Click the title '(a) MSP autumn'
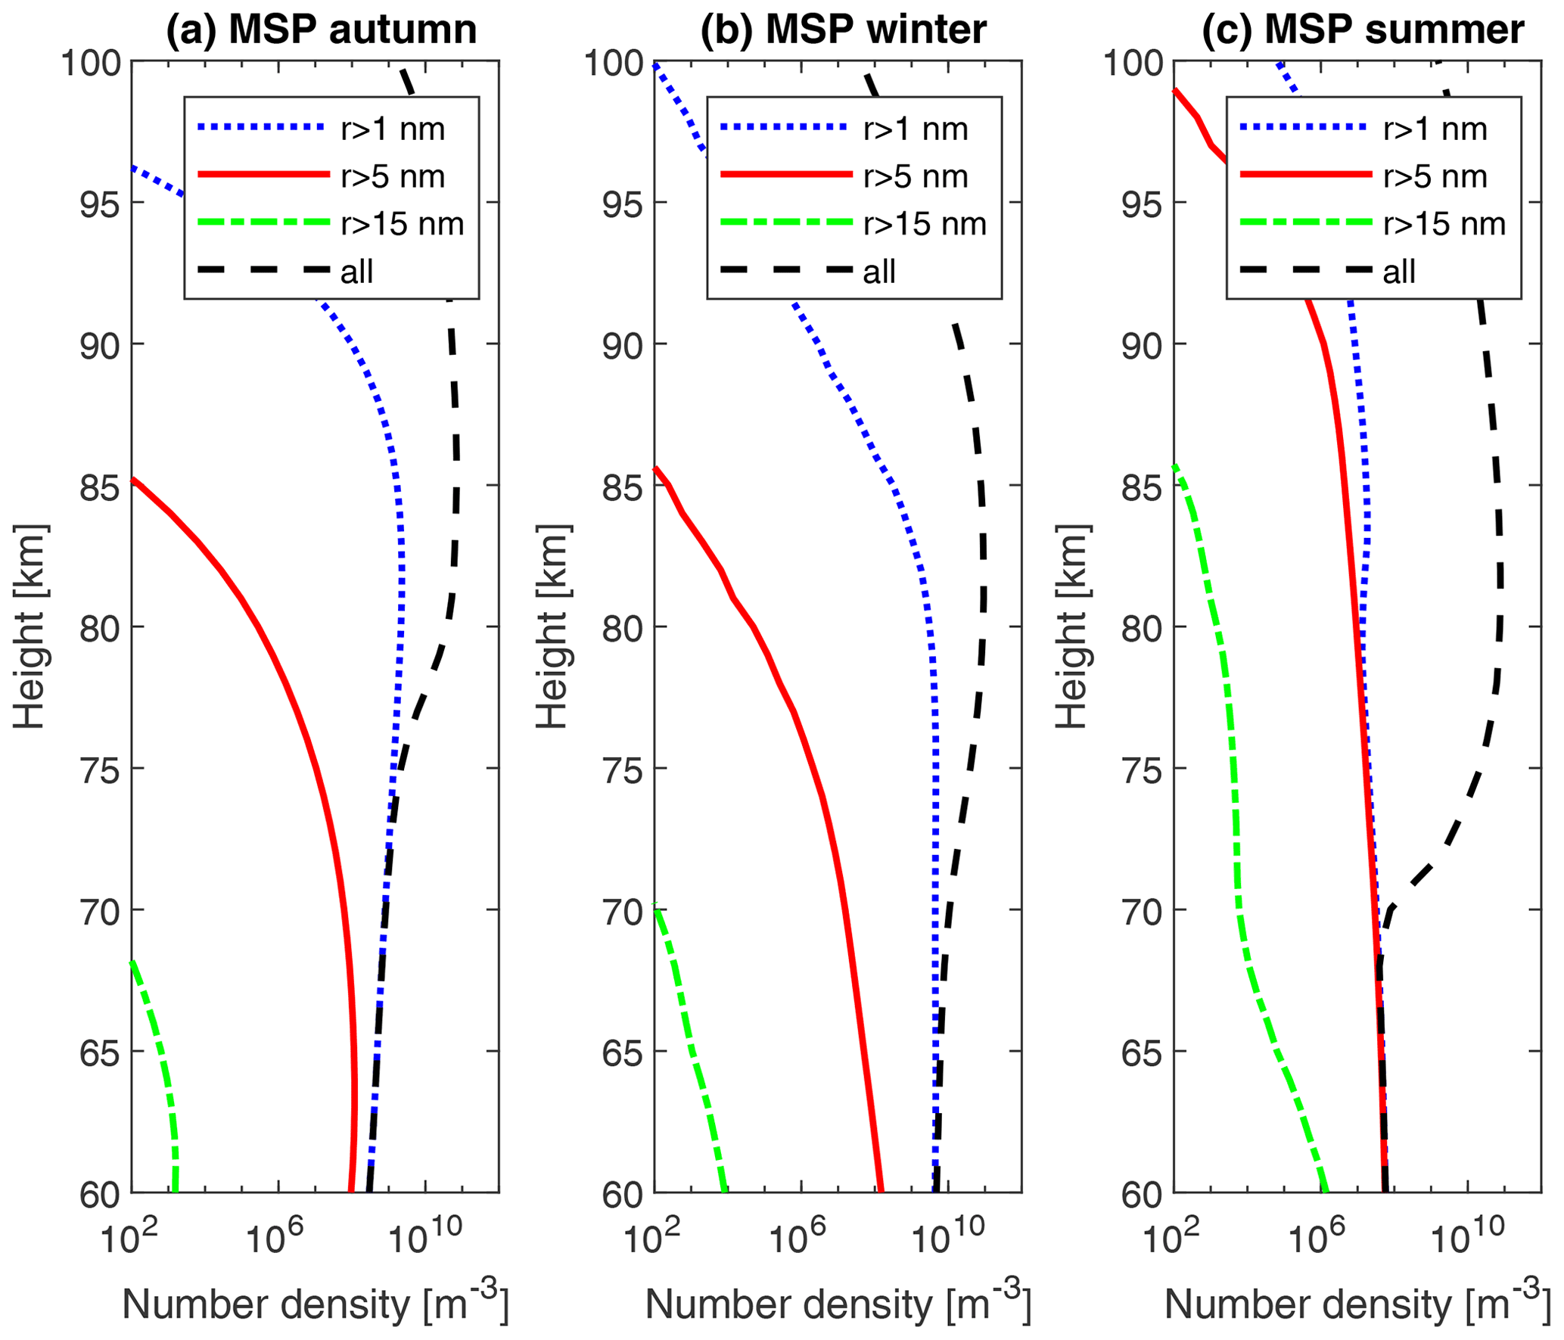(322, 30)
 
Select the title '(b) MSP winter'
(843, 30)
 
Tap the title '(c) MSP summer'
(1363, 30)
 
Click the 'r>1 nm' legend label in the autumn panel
(393, 129)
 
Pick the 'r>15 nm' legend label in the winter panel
(925, 224)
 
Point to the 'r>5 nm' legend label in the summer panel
(1435, 176)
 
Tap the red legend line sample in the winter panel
(787, 175)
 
